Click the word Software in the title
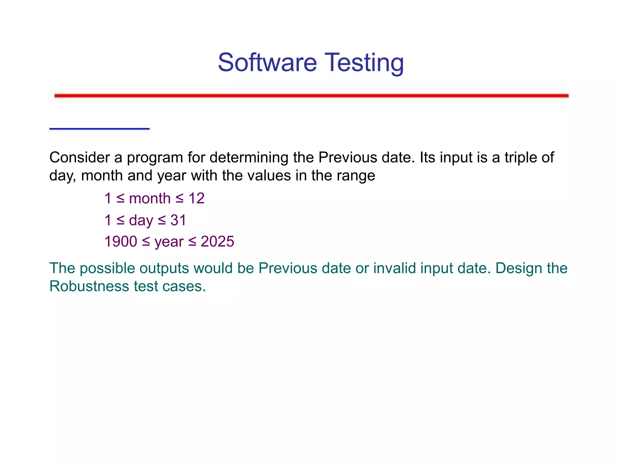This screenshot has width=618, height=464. (x=267, y=63)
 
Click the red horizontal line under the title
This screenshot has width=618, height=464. (x=311, y=96)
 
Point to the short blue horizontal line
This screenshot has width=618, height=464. (x=99, y=129)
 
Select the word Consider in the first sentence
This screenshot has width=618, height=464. (x=80, y=158)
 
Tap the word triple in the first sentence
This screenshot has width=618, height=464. (x=520, y=158)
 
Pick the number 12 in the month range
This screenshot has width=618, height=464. (x=196, y=198)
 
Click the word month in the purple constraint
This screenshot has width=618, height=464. (x=150, y=198)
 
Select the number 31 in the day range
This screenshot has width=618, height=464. (x=178, y=220)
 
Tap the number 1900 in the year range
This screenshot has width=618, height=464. (x=121, y=242)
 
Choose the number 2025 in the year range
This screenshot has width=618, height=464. (x=217, y=242)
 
